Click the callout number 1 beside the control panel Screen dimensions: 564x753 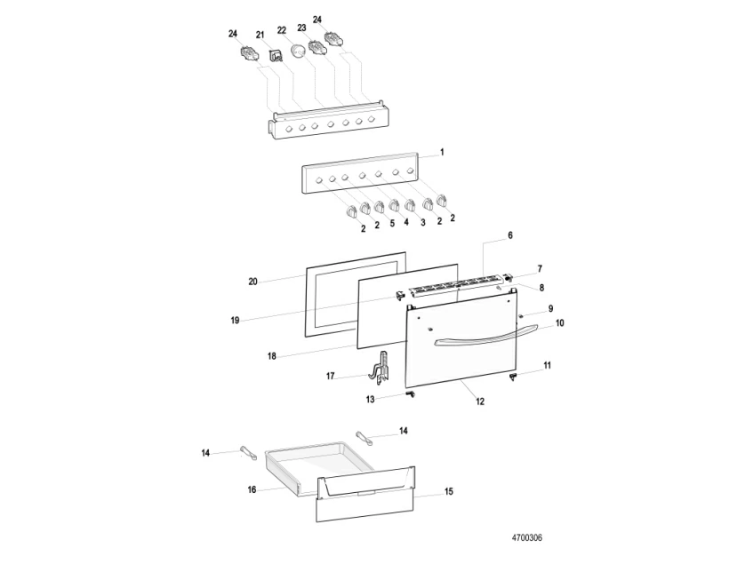click(x=442, y=152)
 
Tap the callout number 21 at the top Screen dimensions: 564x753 click(x=260, y=35)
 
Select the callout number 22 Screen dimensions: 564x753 click(x=281, y=30)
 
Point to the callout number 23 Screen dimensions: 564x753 click(x=301, y=28)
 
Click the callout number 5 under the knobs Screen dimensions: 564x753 click(x=392, y=225)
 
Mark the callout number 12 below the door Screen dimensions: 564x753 click(x=479, y=401)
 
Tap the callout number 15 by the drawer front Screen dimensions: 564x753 click(x=448, y=491)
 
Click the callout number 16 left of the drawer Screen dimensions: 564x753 click(x=252, y=489)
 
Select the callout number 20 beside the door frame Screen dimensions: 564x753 click(x=252, y=282)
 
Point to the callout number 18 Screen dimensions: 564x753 click(x=272, y=355)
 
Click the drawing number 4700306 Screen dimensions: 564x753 click(x=527, y=538)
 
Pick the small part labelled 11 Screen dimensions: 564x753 click(x=514, y=376)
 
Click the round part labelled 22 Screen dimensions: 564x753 click(x=299, y=55)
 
